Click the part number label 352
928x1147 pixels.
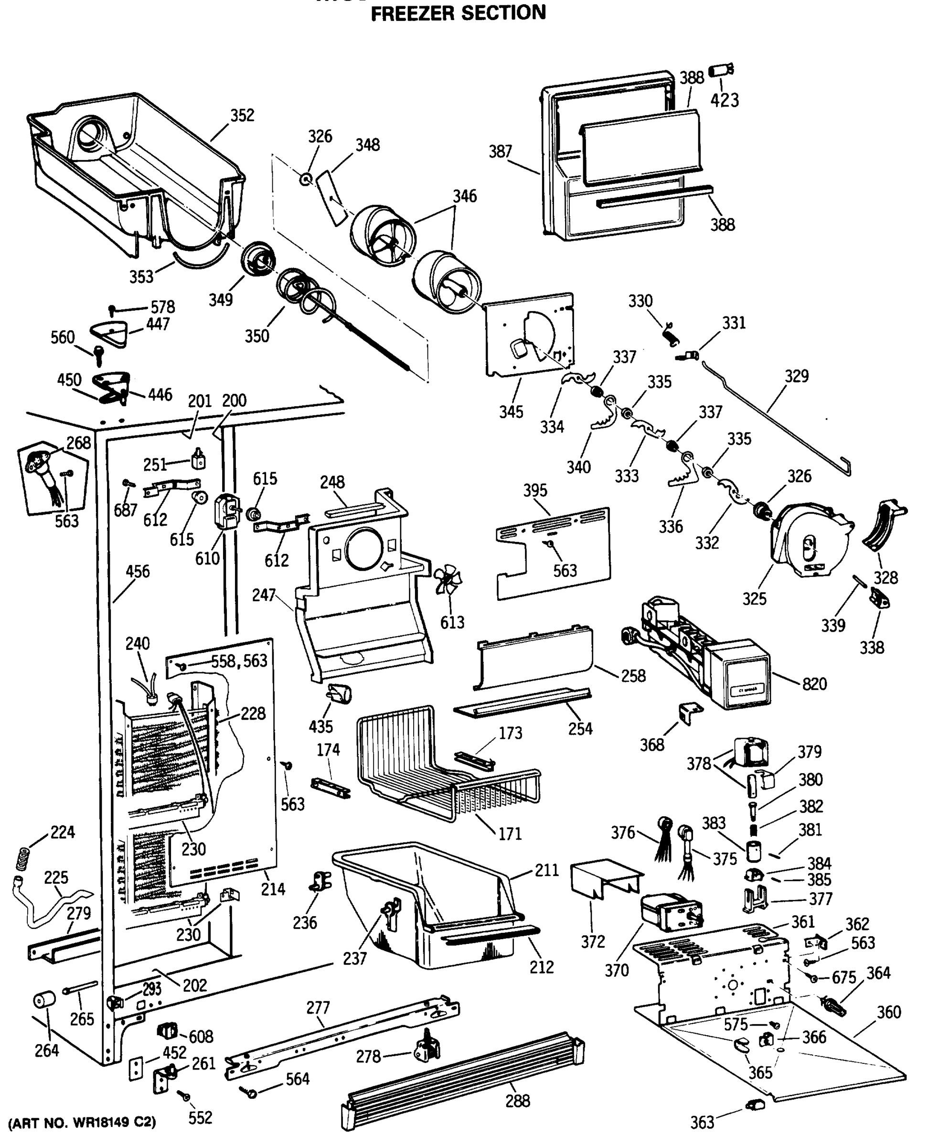coord(242,116)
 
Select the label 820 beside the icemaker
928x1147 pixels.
coord(814,684)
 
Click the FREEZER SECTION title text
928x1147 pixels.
coord(458,13)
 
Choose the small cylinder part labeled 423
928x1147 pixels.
coord(721,70)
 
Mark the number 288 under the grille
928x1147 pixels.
coord(517,1101)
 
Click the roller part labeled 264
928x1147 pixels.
coord(44,1000)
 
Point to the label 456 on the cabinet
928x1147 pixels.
coord(138,572)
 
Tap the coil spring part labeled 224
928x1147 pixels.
coord(21,859)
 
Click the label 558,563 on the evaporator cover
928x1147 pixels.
coord(239,661)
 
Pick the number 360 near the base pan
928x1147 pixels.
coord(888,1012)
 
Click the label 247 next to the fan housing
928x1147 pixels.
coord(264,595)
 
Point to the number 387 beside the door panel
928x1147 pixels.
coord(501,152)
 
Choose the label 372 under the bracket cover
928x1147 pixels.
coord(592,941)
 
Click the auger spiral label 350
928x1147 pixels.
coord(256,336)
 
